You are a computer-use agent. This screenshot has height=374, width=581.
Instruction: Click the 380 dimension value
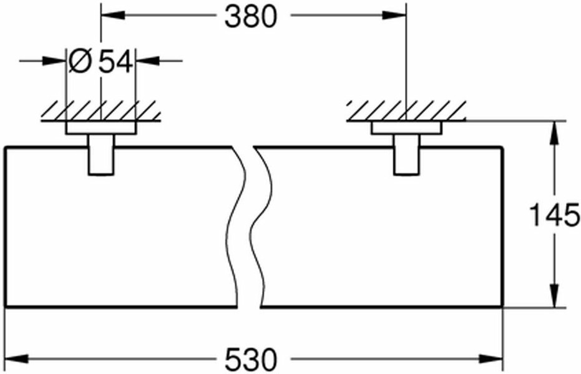[x=251, y=17]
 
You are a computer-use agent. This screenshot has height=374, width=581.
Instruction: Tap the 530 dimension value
[x=251, y=359]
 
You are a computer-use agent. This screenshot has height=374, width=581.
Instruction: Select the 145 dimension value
[x=555, y=215]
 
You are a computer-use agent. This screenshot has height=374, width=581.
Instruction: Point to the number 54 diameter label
[x=115, y=62]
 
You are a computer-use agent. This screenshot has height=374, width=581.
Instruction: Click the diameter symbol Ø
[x=80, y=62]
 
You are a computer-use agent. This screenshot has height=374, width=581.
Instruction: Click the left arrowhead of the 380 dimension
[x=113, y=15]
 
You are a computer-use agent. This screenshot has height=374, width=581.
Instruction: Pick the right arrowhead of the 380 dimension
[x=394, y=15]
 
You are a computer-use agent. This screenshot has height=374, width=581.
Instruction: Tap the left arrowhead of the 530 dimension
[x=17, y=359]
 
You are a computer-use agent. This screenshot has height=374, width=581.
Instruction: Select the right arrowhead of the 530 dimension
[x=491, y=359]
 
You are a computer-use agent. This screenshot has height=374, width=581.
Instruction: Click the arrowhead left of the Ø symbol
[x=54, y=61]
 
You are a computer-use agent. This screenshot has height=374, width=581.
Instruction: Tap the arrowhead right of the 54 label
[x=148, y=61]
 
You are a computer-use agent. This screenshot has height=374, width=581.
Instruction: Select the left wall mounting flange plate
[x=101, y=127]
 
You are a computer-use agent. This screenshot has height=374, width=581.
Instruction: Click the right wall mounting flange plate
[x=406, y=127]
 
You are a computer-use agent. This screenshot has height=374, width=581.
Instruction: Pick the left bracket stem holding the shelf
[x=101, y=154]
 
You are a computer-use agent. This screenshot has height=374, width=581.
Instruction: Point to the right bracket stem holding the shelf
[x=406, y=154]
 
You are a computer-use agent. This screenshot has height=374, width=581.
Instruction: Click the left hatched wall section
[x=101, y=111]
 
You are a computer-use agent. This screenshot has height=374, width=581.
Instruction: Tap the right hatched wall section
[x=406, y=111]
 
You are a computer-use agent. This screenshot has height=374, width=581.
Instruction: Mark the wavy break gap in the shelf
[x=249, y=227]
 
